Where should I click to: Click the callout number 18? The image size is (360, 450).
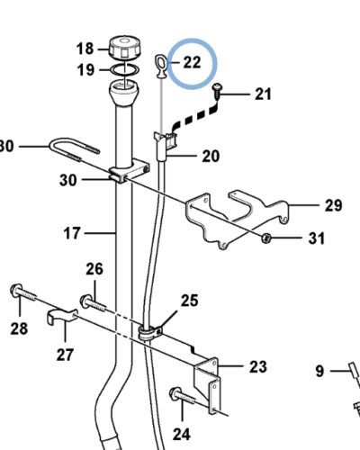[x=84, y=49]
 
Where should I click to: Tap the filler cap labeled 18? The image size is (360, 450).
[x=122, y=47]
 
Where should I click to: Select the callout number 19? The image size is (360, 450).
[x=84, y=69]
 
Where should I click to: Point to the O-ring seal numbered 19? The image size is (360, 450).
[x=124, y=68]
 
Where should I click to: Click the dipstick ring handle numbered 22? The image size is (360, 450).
[x=160, y=63]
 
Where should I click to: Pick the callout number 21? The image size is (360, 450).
[x=262, y=93]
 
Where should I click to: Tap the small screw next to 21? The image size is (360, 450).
[x=220, y=89]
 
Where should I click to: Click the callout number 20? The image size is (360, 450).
[x=210, y=156]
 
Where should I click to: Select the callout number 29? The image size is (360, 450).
[x=333, y=205]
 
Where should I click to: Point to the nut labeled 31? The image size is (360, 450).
[x=267, y=238]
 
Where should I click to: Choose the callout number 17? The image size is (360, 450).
[x=72, y=233]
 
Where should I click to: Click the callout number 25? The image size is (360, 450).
[x=189, y=300]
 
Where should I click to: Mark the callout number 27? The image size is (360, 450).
[x=64, y=353]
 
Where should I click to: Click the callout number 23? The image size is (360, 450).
[x=257, y=366]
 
